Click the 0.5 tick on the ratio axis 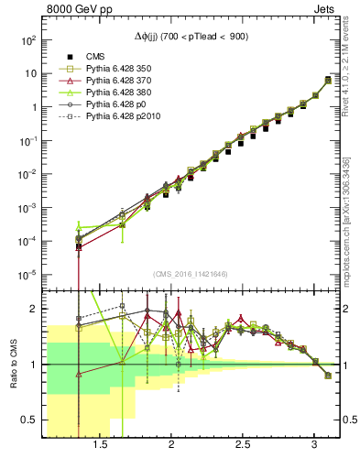[29, 420]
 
